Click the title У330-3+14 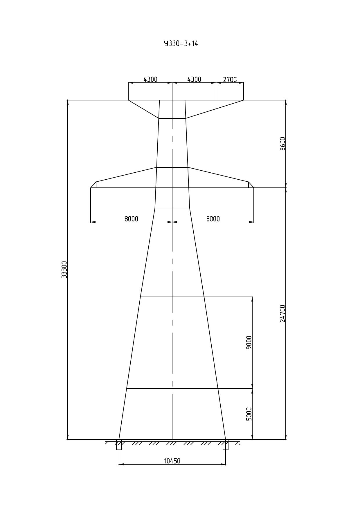181,44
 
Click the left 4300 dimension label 150,79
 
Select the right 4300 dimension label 194,79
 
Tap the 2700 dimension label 230,80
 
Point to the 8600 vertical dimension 282,144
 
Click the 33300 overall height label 64,270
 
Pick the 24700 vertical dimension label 282,313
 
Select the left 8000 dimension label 131,219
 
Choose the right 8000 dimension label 213,219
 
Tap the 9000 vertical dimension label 249,342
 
